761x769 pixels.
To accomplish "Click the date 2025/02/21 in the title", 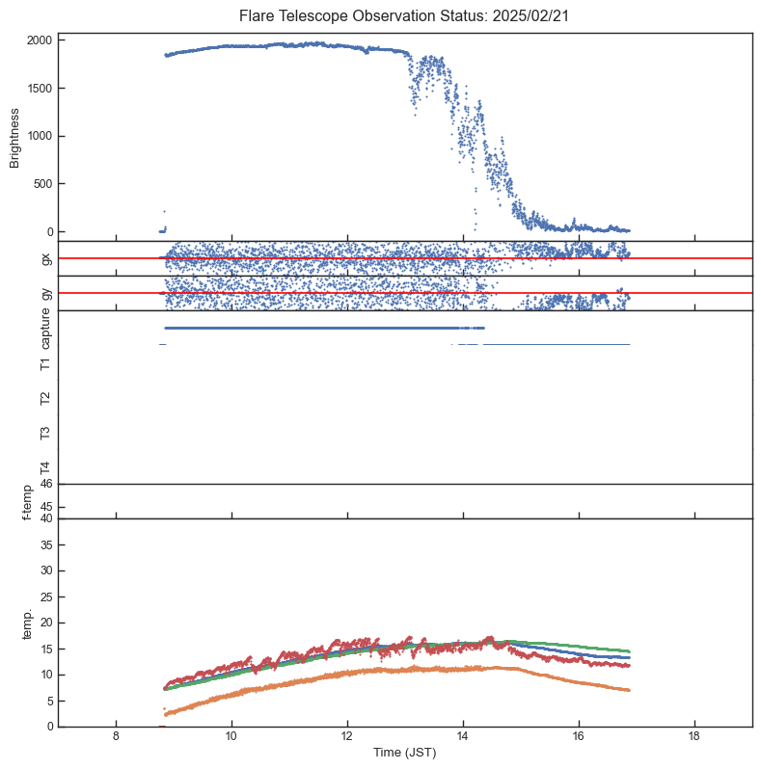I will (528, 15).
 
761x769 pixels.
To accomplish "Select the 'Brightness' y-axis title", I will (15, 137).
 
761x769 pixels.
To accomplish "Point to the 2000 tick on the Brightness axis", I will (40, 40).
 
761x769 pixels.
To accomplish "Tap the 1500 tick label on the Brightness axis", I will (40, 89).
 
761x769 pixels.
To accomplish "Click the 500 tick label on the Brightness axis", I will (42, 184).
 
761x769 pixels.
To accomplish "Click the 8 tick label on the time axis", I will (116, 738).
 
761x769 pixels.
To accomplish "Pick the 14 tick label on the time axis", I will (463, 738).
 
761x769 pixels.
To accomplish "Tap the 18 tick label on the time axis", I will (694, 738).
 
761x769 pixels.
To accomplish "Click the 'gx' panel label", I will (45, 258).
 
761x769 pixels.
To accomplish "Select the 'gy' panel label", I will (45, 293).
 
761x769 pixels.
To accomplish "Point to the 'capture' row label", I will (45, 329).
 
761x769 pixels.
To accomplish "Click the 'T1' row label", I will (45, 363).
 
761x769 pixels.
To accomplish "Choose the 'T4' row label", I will (45, 467).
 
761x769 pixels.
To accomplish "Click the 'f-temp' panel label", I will (26, 502).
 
